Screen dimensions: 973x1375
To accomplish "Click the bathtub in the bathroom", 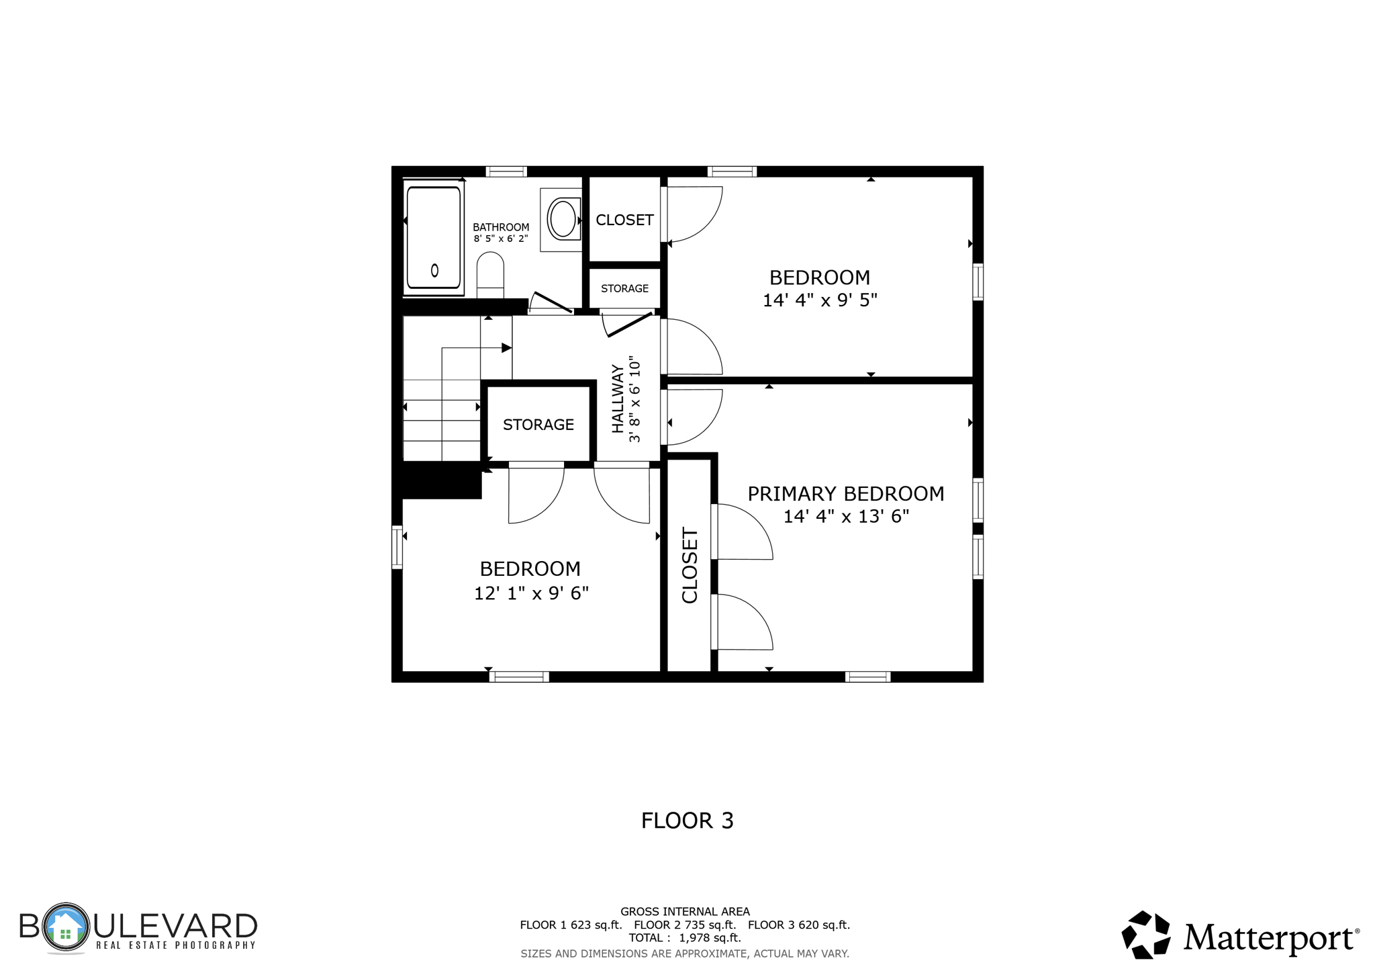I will tap(434, 237).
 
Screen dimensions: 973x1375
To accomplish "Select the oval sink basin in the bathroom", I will tap(563, 218).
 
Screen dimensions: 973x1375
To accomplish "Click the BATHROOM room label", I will tap(501, 227).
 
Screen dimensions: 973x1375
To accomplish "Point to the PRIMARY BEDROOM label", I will tap(845, 494).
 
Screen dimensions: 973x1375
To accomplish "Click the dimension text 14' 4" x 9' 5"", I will tap(820, 300).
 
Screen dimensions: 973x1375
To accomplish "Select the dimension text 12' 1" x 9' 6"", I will tap(531, 593).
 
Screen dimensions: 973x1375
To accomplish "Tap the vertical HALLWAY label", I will tap(618, 398).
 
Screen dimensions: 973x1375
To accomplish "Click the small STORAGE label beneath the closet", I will tap(624, 288).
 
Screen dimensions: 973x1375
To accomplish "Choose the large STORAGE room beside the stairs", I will tap(538, 425).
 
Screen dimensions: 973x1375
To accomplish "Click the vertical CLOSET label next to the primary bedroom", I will tap(690, 565).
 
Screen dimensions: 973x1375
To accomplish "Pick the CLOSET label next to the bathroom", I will tap(624, 220).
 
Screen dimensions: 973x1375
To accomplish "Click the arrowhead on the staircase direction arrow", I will tap(507, 347).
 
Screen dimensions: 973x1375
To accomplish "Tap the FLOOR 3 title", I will tap(687, 820).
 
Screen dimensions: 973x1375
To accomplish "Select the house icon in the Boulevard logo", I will tap(65, 927).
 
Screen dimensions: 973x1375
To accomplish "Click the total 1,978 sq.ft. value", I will tap(710, 938).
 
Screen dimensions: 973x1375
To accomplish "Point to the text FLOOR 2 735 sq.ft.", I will tap(684, 925).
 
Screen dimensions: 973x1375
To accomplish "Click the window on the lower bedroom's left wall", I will tap(397, 547).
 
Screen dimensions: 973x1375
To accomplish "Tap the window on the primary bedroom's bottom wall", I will tap(867, 677).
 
